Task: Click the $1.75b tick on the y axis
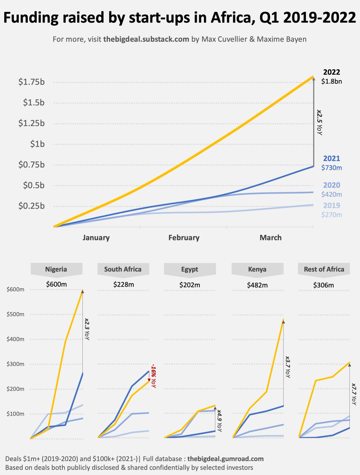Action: pyautogui.click(x=31, y=82)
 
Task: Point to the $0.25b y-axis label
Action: pyautogui.click(x=31, y=206)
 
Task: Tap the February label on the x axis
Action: pyautogui.click(x=184, y=237)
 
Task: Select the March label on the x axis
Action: pyautogui.click(x=271, y=237)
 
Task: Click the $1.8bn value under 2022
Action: pyautogui.click(x=332, y=81)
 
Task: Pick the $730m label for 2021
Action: pyautogui.click(x=332, y=167)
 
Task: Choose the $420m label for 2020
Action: pyautogui.click(x=332, y=194)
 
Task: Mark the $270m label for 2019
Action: pyautogui.click(x=332, y=215)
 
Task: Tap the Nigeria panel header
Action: pyautogui.click(x=56, y=270)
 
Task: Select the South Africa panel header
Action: pyautogui.click(x=123, y=270)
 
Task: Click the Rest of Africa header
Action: pyautogui.click(x=324, y=270)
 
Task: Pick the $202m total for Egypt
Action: pyautogui.click(x=190, y=285)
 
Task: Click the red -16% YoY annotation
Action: pyautogui.click(x=153, y=376)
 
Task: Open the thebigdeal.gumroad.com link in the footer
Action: pyautogui.click(x=225, y=459)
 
